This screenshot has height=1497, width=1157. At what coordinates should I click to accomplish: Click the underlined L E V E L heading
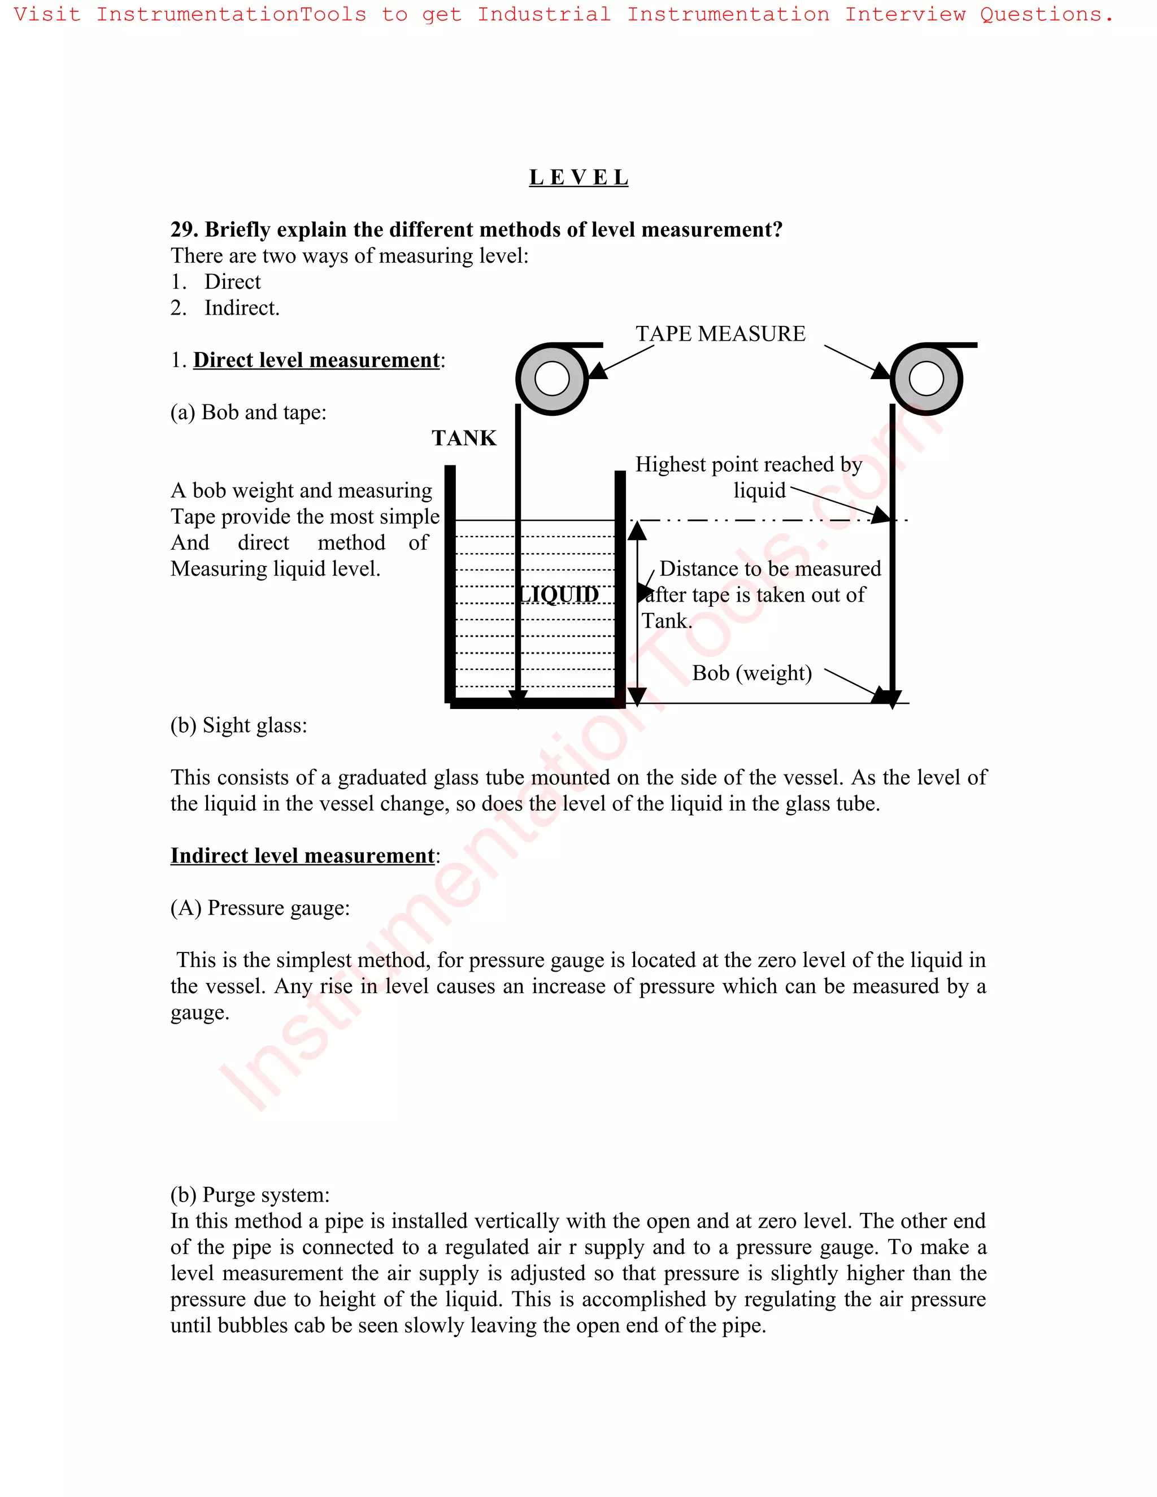(x=578, y=177)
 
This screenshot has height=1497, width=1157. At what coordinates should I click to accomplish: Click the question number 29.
(x=183, y=229)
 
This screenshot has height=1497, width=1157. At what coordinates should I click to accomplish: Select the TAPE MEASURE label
(x=720, y=334)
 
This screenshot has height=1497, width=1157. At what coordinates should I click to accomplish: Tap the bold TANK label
(x=463, y=438)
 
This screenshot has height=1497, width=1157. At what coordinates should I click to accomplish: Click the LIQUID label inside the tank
(x=559, y=594)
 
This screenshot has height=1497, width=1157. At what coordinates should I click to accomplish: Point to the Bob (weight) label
(x=751, y=673)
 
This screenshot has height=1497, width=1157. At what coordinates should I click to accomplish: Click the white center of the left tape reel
(x=553, y=379)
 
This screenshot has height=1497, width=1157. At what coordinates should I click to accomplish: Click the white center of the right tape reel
(x=926, y=379)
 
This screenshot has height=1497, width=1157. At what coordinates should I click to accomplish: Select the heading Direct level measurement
(x=316, y=360)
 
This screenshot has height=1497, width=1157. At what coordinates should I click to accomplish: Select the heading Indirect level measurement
(x=302, y=856)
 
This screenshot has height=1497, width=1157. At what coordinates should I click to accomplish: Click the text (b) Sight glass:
(x=238, y=725)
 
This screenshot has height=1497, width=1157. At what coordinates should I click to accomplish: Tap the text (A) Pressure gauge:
(x=260, y=908)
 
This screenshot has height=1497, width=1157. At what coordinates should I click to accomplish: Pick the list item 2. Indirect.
(x=225, y=308)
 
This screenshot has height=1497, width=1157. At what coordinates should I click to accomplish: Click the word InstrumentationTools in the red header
(x=231, y=14)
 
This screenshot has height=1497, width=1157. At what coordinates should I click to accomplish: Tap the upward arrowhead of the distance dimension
(x=637, y=530)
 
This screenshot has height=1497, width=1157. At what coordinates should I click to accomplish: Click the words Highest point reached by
(x=748, y=465)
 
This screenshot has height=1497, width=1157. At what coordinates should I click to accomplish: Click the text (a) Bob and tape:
(x=248, y=412)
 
